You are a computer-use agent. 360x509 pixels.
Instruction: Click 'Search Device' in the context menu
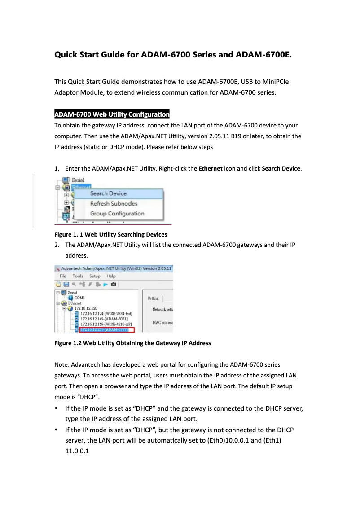[x=108, y=193]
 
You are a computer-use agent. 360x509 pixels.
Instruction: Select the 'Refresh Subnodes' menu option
[x=114, y=203]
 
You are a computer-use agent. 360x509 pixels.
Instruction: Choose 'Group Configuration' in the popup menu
[x=117, y=214]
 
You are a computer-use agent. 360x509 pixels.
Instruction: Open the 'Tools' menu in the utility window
[x=78, y=276]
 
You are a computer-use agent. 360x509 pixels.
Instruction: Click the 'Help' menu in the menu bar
[x=111, y=276]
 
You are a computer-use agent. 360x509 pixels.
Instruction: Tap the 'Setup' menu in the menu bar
[x=95, y=276]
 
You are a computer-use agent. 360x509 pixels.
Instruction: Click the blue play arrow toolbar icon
[x=105, y=285]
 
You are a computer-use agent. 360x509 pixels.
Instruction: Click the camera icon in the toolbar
[x=114, y=285]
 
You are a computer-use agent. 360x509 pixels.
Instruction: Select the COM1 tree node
[x=79, y=298]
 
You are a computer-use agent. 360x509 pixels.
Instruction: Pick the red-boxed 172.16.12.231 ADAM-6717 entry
[x=104, y=330]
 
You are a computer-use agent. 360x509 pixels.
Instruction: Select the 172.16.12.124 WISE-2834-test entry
[x=103, y=314]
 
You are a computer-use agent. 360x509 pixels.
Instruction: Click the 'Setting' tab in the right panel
[x=153, y=298]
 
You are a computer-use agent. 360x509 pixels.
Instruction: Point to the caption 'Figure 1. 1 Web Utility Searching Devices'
[x=110, y=234]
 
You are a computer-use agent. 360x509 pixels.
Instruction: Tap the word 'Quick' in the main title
[x=66, y=55]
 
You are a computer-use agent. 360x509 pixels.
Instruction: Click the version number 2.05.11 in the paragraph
[x=215, y=136]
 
